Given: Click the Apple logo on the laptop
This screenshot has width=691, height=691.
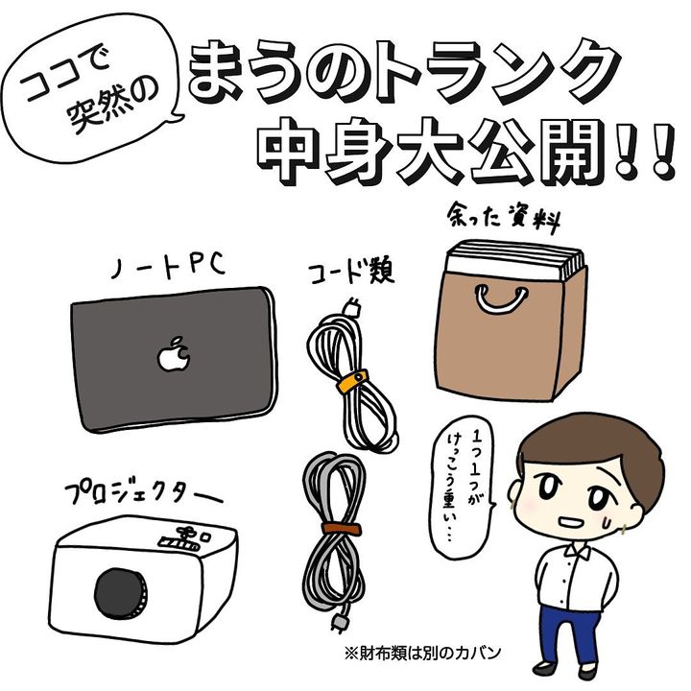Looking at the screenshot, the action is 174,354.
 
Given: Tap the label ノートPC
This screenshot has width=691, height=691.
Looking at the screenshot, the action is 168,265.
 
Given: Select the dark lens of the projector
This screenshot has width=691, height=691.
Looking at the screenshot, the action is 121,593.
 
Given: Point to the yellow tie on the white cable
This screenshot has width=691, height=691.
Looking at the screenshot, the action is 352,381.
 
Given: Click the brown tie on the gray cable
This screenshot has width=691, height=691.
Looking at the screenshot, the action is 341,528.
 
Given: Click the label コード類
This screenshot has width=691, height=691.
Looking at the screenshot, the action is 351,274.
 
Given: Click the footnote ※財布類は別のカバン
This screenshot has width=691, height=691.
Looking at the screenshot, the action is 422,653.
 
